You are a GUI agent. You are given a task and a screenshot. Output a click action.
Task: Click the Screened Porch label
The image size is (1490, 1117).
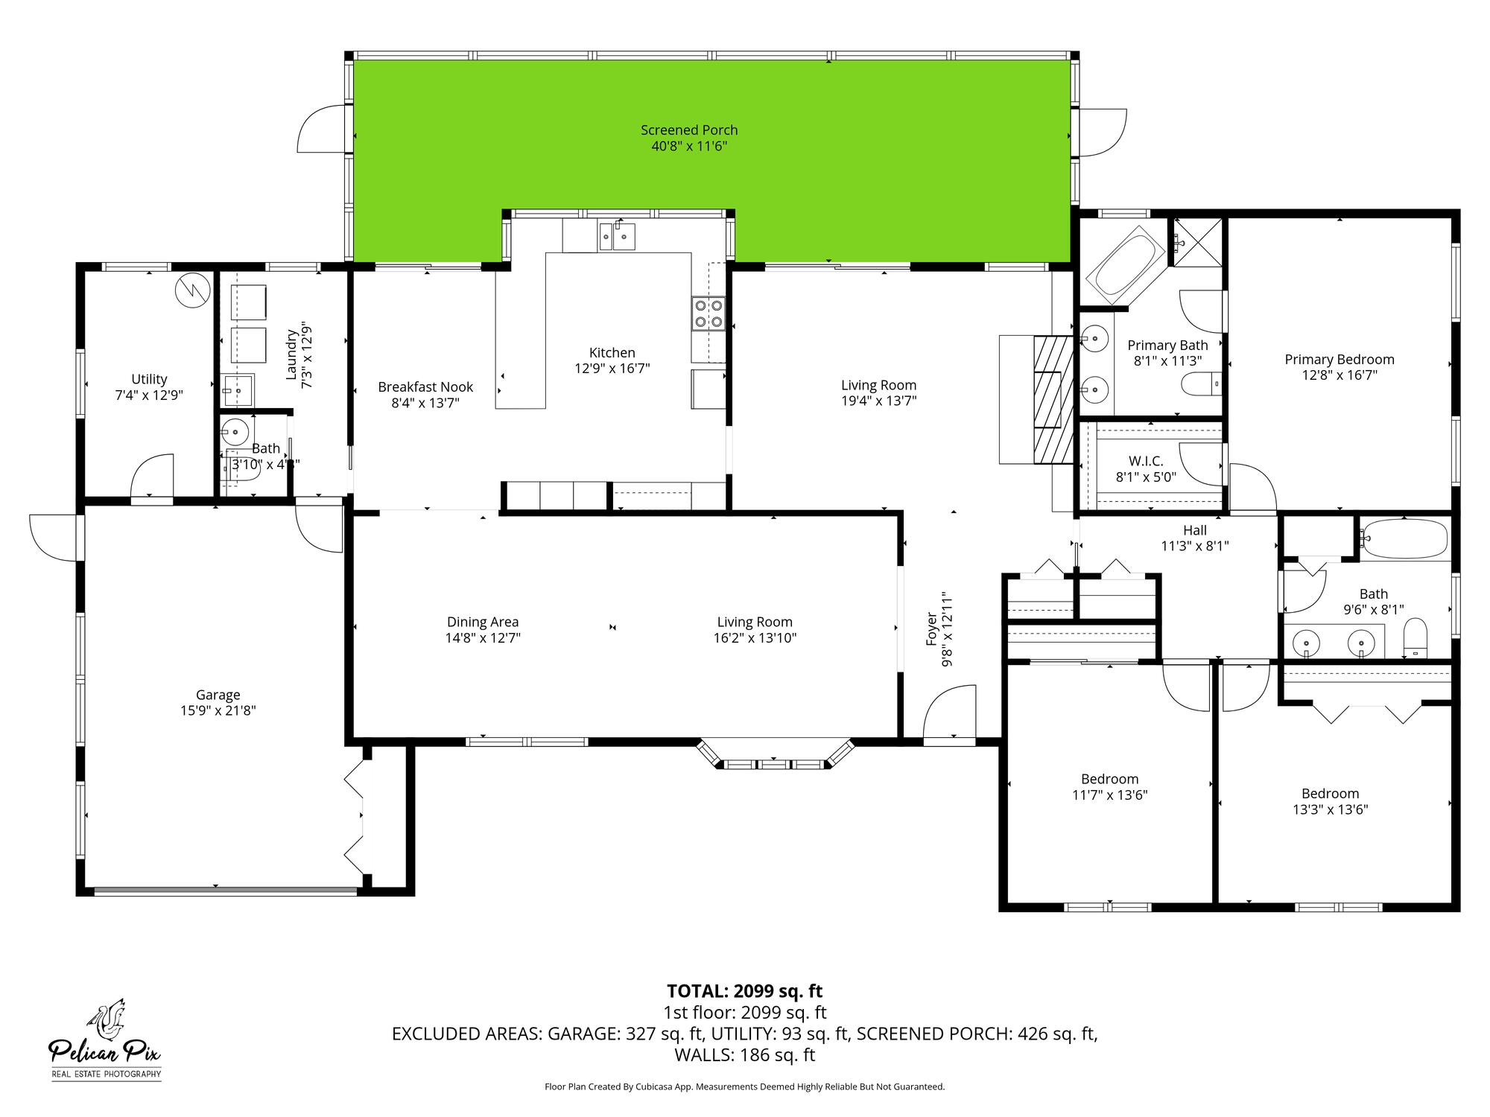(x=689, y=130)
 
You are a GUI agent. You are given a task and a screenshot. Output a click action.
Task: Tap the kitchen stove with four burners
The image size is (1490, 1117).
(x=708, y=313)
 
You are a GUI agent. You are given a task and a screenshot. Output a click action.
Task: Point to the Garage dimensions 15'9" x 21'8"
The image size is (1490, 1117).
(x=218, y=710)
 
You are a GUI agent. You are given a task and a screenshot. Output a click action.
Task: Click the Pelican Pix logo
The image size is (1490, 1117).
(x=105, y=1040)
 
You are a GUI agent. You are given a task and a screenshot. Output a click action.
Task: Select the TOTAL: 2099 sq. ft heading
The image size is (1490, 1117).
(x=744, y=991)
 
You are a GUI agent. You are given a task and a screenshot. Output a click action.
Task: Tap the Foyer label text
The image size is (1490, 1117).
(x=931, y=629)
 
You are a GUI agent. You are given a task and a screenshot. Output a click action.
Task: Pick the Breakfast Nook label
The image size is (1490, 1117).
(x=425, y=387)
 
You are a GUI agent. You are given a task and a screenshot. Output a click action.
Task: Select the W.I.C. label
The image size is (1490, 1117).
(x=1146, y=462)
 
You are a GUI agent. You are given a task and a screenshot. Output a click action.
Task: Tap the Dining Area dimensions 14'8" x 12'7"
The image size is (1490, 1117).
(x=483, y=638)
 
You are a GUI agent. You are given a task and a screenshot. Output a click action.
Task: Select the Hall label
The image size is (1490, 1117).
(x=1194, y=530)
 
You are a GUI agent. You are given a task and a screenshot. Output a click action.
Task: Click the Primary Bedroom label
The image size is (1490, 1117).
(x=1339, y=360)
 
